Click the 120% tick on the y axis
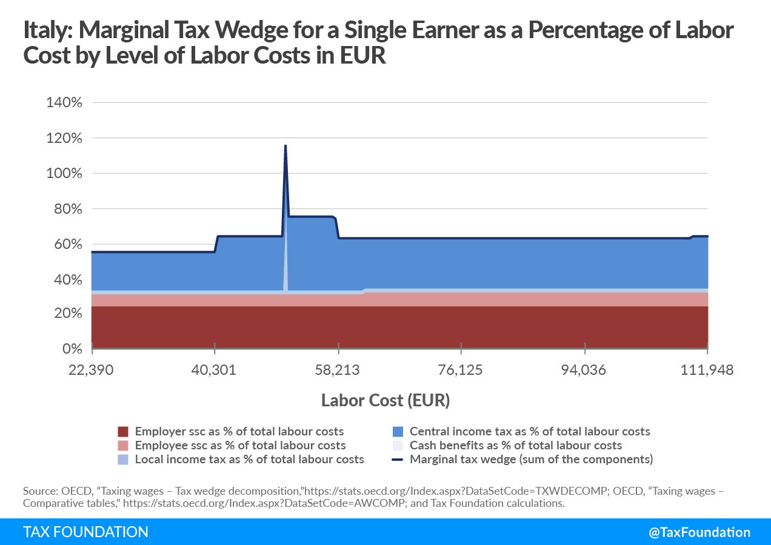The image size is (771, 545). click(64, 138)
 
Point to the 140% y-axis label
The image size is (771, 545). click(64, 102)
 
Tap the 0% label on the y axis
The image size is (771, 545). click(71, 349)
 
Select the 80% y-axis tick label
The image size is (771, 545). click(67, 209)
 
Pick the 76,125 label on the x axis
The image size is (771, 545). click(461, 370)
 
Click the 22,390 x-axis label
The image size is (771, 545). click(91, 370)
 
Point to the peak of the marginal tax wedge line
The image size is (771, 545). click(285, 146)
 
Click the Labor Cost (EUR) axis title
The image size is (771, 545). click(385, 400)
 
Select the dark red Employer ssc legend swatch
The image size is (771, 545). click(124, 432)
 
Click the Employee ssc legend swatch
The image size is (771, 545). click(124, 446)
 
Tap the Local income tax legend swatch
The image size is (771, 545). click(124, 460)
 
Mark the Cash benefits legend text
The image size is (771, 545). click(516, 446)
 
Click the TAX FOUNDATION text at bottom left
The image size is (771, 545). click(85, 532)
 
